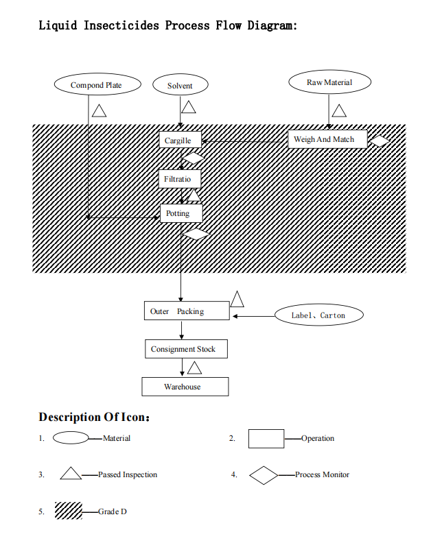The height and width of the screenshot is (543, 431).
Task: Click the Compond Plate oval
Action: (x=97, y=85)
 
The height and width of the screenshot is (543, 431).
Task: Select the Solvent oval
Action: (x=180, y=86)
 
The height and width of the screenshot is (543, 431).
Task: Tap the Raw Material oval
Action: (x=329, y=82)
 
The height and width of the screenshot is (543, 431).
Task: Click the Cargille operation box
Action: (x=180, y=140)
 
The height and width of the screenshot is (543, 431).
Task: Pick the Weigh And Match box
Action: (x=324, y=139)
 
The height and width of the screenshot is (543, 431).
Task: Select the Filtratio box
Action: (x=180, y=180)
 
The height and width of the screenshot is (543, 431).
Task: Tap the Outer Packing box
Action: (x=187, y=311)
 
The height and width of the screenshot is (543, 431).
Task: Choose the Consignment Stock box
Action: (x=185, y=349)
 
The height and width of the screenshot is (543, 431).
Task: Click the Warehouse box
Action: (x=185, y=387)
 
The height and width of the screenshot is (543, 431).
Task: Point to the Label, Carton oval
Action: (x=318, y=315)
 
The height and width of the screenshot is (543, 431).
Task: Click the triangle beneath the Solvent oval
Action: (x=188, y=107)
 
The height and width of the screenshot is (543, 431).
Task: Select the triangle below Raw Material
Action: (x=339, y=110)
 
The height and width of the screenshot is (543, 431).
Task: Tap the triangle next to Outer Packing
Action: (x=237, y=300)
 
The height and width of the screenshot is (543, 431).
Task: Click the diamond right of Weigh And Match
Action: (x=380, y=141)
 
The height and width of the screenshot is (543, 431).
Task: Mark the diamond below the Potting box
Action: (x=197, y=234)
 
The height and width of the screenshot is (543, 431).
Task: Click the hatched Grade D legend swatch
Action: (x=69, y=511)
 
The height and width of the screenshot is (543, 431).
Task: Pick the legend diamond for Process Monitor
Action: (x=264, y=474)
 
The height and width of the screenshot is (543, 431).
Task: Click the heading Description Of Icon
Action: (x=94, y=417)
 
